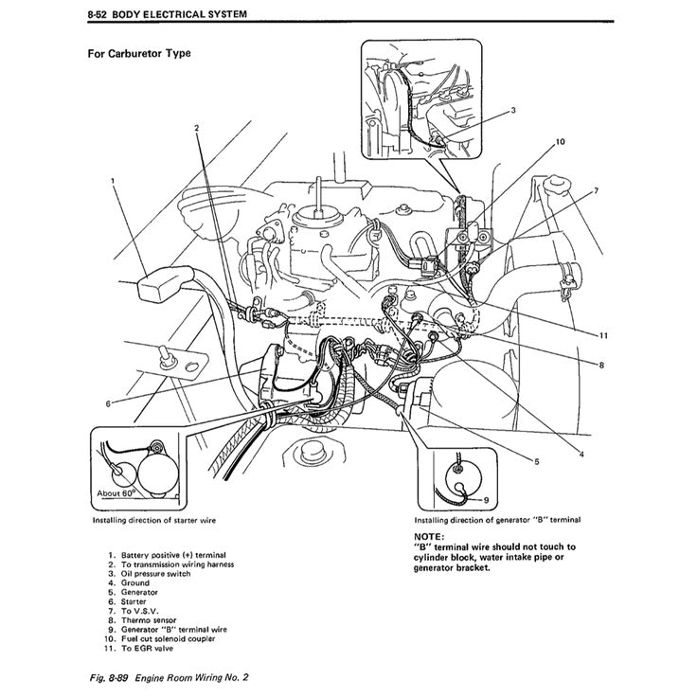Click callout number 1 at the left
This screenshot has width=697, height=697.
click(112, 179)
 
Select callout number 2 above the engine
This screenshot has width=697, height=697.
click(196, 128)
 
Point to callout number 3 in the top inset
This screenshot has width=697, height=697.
click(512, 110)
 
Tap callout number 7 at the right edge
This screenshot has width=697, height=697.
click(596, 191)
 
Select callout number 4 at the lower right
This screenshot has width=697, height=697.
click(581, 456)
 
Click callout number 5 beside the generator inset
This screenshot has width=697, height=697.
click(536, 461)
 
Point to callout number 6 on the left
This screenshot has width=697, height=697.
click(108, 403)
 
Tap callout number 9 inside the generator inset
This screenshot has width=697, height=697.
click(486, 499)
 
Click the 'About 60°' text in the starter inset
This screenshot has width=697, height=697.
click(117, 493)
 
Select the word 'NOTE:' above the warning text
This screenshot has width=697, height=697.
click(431, 537)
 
